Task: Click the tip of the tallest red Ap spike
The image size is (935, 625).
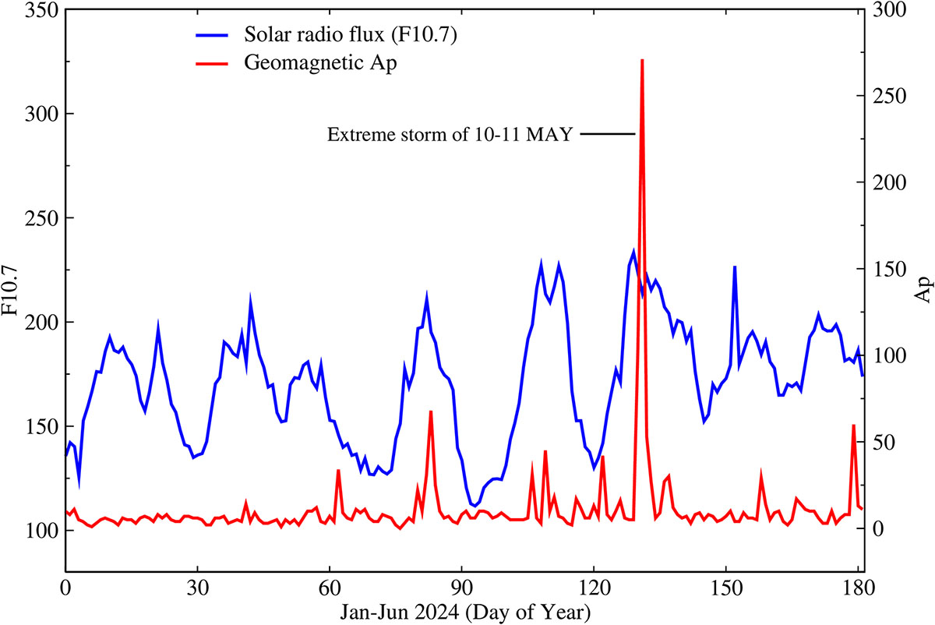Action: click(x=641, y=61)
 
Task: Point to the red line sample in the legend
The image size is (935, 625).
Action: click(x=210, y=64)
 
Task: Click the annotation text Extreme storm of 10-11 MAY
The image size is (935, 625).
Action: click(x=450, y=135)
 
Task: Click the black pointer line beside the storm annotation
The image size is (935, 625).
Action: click(x=607, y=135)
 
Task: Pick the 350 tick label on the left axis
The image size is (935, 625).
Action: click(x=39, y=10)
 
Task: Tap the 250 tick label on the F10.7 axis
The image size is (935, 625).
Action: click(x=39, y=218)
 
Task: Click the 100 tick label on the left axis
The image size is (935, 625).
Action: click(x=39, y=531)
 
